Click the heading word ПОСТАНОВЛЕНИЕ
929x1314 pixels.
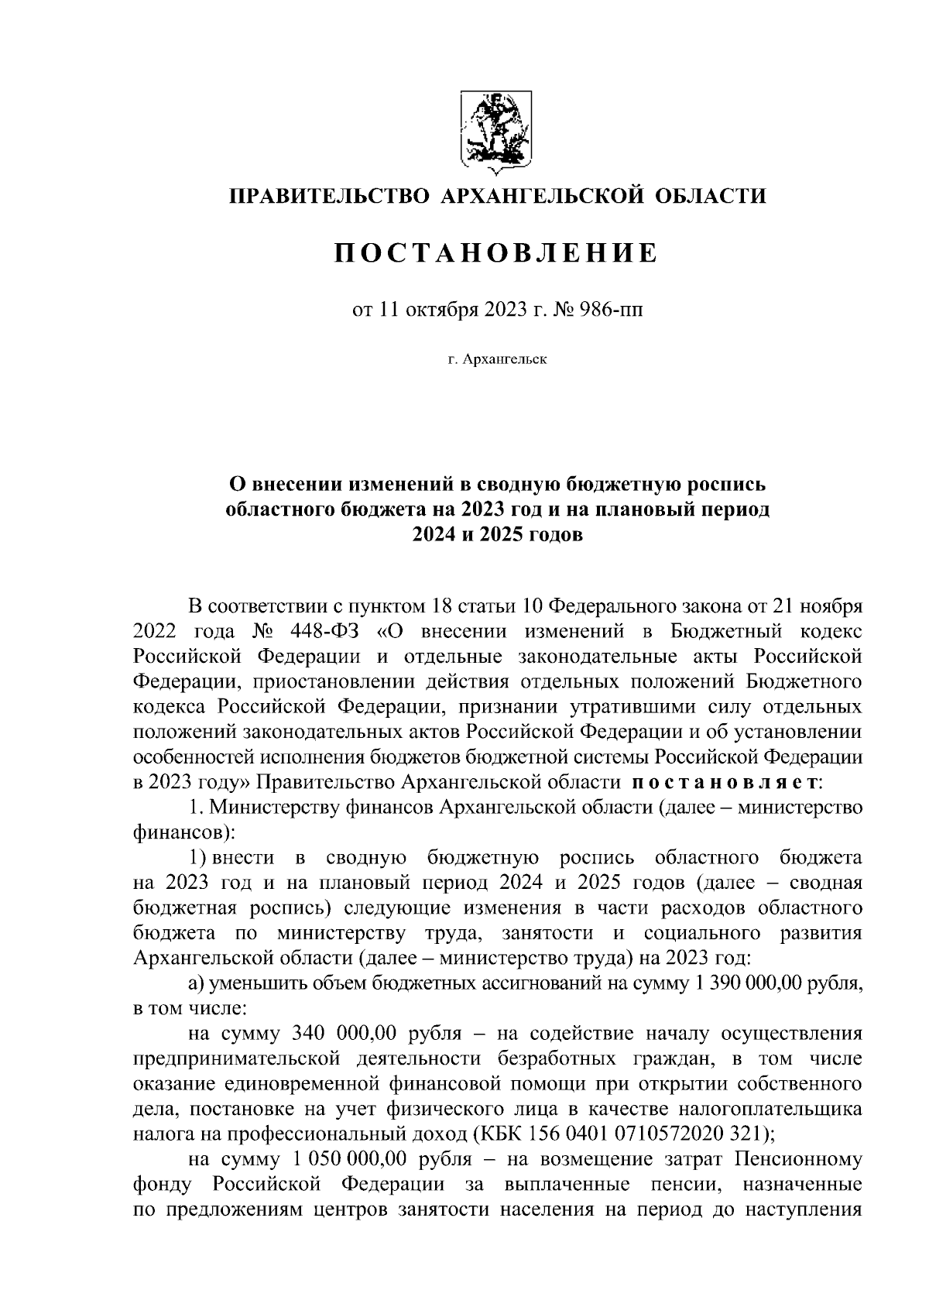pyautogui.click(x=496, y=253)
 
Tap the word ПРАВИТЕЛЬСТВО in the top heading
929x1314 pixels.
pyautogui.click(x=328, y=196)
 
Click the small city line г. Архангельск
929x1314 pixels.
pyautogui.click(x=496, y=360)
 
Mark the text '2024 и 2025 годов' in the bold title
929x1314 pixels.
pyautogui.click(x=496, y=535)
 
